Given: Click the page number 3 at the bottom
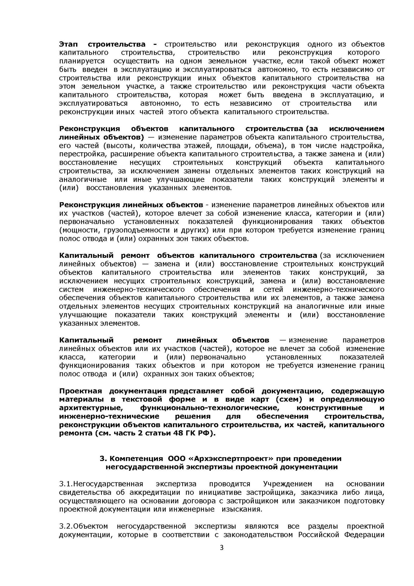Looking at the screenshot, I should click(221, 548).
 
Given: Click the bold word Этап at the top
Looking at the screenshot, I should click(68, 44).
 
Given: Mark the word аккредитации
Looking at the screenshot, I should click(153, 492).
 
